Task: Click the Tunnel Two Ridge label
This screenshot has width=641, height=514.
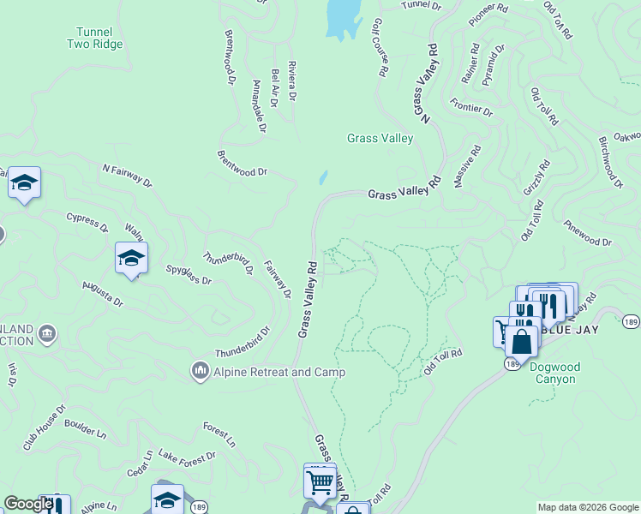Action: pyautogui.click(x=95, y=38)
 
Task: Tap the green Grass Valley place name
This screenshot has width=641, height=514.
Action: pyautogui.click(x=380, y=138)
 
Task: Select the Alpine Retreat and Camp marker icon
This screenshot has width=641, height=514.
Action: pyautogui.click(x=200, y=371)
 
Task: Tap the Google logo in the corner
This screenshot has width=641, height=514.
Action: pyautogui.click(x=27, y=504)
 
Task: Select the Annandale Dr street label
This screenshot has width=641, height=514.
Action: pyautogui.click(x=257, y=102)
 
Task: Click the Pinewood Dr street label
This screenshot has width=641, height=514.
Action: pyautogui.click(x=587, y=234)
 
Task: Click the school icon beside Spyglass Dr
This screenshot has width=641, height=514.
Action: pyautogui.click(x=131, y=257)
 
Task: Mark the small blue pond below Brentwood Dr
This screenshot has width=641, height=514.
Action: pyautogui.click(x=323, y=177)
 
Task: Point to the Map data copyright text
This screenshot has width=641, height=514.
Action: pyautogui.click(x=587, y=507)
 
